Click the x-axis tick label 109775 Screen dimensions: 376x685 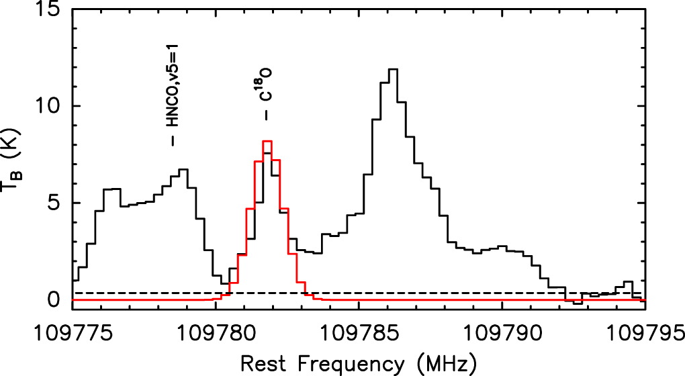pos(72,333)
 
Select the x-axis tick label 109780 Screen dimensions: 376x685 pos(216,333)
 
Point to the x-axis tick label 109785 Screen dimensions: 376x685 pos(359,333)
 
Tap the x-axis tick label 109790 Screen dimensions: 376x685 pos(503,333)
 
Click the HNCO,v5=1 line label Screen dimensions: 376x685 pos(173,93)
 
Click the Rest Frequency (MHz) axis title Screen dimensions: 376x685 pos(359,363)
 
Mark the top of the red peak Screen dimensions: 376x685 pos(267,141)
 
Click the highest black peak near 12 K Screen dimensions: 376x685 pos(394,69)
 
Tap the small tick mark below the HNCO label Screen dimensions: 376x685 pos(173,141)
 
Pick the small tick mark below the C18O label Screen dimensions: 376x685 pos(267,115)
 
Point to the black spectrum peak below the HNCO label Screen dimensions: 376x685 pos(183,170)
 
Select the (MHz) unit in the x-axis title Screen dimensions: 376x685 pos(447,363)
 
